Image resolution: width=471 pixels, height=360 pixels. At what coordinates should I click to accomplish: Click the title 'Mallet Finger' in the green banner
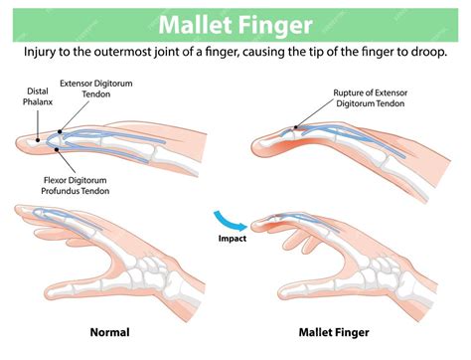click(235, 23)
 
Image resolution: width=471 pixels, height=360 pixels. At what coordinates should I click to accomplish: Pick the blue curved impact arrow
click(228, 219)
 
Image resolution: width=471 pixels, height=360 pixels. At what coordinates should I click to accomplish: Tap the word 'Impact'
click(232, 240)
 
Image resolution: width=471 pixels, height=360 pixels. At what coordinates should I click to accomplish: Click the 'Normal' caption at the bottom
click(109, 332)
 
